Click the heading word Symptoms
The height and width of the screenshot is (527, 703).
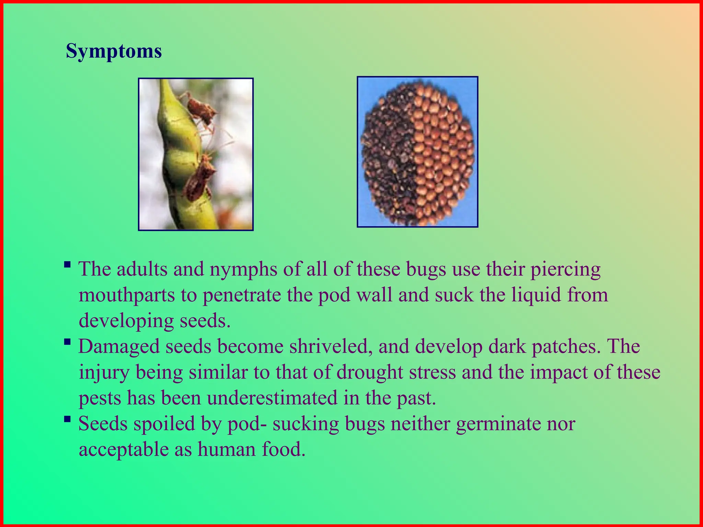click(x=114, y=51)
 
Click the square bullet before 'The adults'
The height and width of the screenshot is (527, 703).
click(x=68, y=265)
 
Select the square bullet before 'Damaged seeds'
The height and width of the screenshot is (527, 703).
click(x=68, y=342)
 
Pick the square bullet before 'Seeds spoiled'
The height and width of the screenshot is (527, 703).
click(x=68, y=419)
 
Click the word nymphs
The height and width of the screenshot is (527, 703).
click(x=243, y=270)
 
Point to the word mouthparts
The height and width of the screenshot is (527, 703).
click(x=127, y=295)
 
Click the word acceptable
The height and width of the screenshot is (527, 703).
click(x=124, y=450)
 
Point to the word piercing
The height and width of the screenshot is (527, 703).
click(x=565, y=270)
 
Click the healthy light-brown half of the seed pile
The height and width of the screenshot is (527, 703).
click(x=445, y=151)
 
